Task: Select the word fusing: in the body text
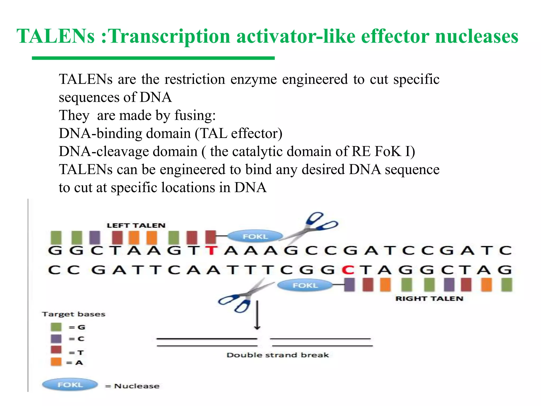click(x=195, y=116)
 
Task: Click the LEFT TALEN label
click(x=136, y=225)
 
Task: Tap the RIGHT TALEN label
click(x=429, y=299)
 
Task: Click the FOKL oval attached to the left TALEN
click(x=255, y=236)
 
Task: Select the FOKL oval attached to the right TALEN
click(x=305, y=285)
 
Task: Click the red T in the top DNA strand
click(x=211, y=250)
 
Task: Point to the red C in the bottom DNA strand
click(x=348, y=270)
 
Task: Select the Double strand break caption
click(x=278, y=355)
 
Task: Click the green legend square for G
click(x=56, y=327)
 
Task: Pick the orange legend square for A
click(x=56, y=362)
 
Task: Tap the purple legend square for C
click(x=56, y=339)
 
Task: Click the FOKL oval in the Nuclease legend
click(x=70, y=385)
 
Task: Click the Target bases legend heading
click(x=73, y=314)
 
